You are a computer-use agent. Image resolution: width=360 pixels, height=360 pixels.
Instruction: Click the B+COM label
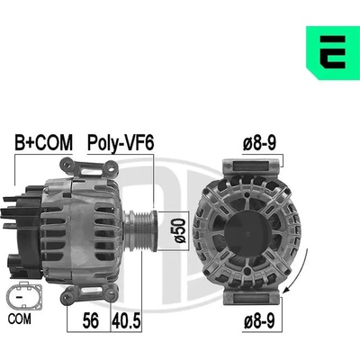click(44, 142)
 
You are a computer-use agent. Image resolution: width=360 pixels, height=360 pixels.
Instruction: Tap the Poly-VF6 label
click(121, 143)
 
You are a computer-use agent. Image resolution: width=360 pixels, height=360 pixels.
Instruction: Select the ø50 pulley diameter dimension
click(180, 230)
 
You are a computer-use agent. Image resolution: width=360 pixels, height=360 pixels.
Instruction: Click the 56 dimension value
click(90, 320)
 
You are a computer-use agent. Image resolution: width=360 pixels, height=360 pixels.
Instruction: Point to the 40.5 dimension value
click(126, 320)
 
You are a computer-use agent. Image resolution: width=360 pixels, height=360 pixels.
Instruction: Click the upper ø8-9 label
click(259, 143)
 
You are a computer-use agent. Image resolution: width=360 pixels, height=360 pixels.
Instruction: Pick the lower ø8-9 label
click(259, 321)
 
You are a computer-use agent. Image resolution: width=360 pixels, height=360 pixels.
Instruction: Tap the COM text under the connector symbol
click(20, 319)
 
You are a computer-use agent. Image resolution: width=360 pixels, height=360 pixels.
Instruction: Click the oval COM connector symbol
click(23, 296)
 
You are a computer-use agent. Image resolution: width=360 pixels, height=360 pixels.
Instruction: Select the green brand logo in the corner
click(333, 53)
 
